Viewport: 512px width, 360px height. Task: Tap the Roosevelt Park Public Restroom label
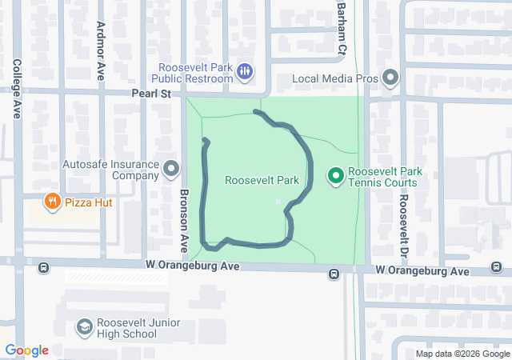pyautogui.click(x=196, y=73)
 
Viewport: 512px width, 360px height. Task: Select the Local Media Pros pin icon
pyautogui.click(x=390, y=78)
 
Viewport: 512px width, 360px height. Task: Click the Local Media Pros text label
pyautogui.click(x=334, y=78)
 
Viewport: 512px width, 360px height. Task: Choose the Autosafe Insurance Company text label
pyautogui.click(x=111, y=170)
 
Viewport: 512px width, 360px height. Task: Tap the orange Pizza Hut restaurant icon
pyautogui.click(x=54, y=202)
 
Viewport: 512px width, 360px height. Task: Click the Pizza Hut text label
pyautogui.click(x=89, y=202)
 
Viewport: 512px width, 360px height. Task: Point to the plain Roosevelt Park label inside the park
pyautogui.click(x=262, y=181)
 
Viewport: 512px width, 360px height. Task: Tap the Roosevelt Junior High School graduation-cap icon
pyautogui.click(x=84, y=326)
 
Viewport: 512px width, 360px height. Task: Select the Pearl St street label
pyautogui.click(x=152, y=94)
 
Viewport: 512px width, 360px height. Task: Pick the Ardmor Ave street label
pyautogui.click(x=102, y=50)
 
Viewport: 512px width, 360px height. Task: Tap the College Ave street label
pyautogui.click(x=17, y=88)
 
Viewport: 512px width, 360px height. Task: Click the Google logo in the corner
pyautogui.click(x=27, y=350)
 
